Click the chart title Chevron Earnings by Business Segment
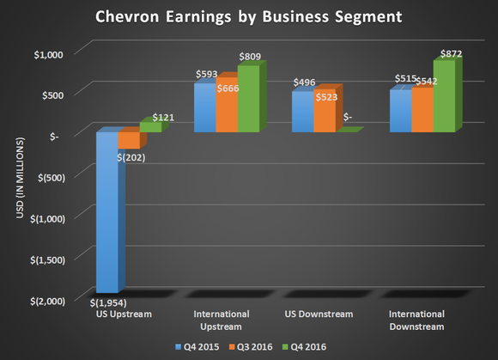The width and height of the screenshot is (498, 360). coord(249,15)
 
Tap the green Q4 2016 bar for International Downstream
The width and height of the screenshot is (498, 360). coord(444,96)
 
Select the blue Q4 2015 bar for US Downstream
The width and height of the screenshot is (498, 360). coord(302,112)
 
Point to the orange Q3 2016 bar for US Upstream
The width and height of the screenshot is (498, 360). coord(127,141)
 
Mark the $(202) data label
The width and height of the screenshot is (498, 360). coord(131,156)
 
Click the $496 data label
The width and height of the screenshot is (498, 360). coord(306,82)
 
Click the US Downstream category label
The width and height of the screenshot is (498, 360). coord(320,314)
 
